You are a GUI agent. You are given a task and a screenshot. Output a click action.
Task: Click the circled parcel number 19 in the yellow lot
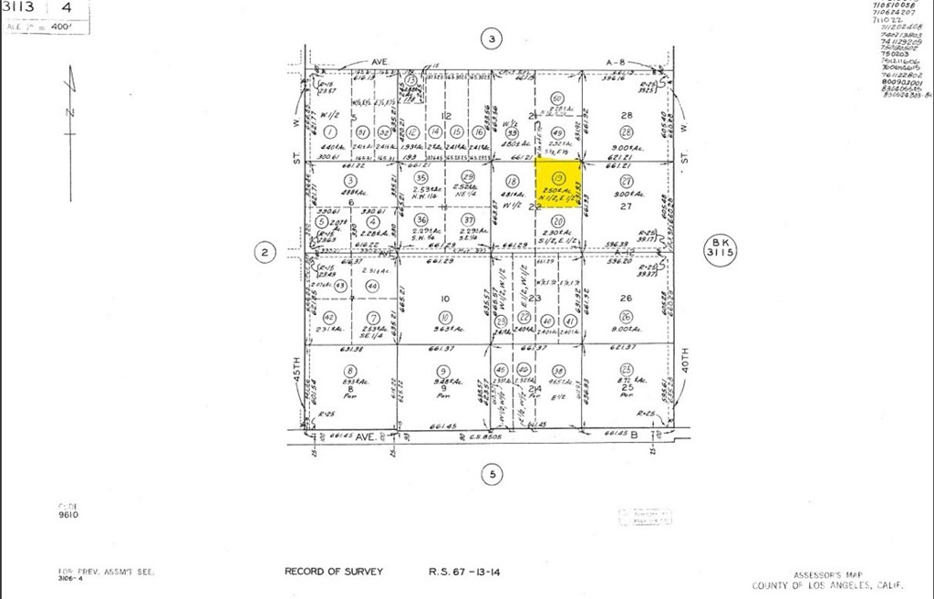pos(558,177)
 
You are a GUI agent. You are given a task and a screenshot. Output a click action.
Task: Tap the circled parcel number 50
pos(557,99)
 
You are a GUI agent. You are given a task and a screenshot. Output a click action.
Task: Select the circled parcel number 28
pos(626,132)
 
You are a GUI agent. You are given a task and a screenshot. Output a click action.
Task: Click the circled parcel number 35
pos(420,177)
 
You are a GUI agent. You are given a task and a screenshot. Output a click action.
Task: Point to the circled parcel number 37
pos(468,219)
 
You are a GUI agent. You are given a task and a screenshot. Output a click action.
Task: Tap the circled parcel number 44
pos(372,286)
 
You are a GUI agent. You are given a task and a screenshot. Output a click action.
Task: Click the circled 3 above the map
pos(492,38)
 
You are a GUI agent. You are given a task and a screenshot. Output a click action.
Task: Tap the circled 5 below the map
pos(492,474)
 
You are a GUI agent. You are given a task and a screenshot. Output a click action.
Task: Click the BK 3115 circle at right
pos(717,247)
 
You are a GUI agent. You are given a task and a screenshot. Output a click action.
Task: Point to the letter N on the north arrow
pos(69,112)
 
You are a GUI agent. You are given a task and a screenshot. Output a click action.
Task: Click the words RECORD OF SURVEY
pos(334,572)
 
